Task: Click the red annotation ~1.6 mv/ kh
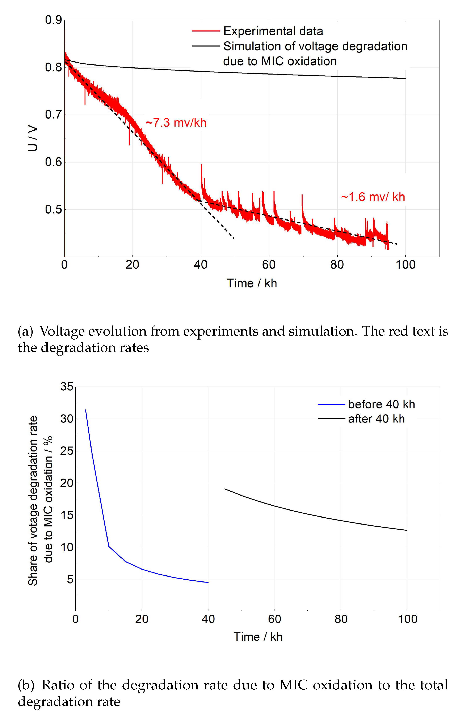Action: [x=373, y=197]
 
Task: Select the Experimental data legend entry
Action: [x=273, y=31]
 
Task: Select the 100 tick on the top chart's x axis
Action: [x=405, y=265]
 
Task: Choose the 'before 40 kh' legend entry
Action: [x=381, y=404]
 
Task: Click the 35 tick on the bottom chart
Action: [x=67, y=387]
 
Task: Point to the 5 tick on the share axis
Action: [x=70, y=579]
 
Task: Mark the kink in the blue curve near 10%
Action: [x=109, y=547]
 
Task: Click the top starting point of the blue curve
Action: [x=85, y=410]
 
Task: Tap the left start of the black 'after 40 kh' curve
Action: [x=225, y=489]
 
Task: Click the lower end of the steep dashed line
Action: [x=234, y=238]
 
